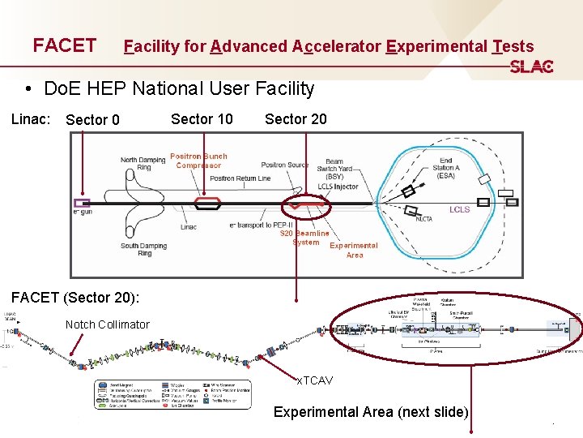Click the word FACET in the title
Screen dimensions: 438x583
point(64,45)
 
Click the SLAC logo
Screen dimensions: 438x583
point(531,67)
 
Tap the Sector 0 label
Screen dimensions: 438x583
point(92,120)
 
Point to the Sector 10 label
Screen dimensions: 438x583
point(202,119)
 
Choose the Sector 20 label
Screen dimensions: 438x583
point(296,119)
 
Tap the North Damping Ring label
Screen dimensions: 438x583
point(143,164)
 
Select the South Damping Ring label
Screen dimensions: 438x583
point(144,249)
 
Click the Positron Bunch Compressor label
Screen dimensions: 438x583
point(198,161)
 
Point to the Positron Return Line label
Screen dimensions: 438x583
point(240,178)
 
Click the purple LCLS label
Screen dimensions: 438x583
point(459,209)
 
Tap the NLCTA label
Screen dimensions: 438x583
point(423,218)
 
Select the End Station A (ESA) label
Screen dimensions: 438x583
point(446,168)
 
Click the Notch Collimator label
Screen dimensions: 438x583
point(107,324)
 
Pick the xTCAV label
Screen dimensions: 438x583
point(314,380)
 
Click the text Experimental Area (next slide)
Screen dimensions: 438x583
point(371,412)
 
